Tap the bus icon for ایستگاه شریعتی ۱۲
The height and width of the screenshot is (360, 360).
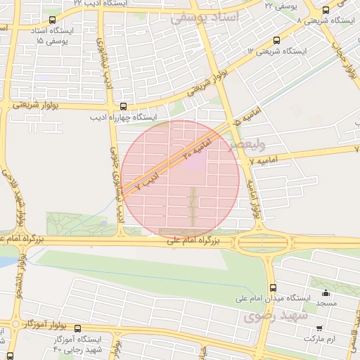(x=276, y=40)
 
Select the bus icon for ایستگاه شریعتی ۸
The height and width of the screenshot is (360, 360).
(x=325, y=10)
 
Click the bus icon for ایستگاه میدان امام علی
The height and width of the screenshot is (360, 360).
(x=274, y=287)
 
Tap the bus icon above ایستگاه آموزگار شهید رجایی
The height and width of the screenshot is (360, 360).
(x=77, y=328)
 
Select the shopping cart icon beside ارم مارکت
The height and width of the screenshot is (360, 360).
(x=319, y=328)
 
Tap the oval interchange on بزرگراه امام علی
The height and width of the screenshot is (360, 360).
(x=264, y=243)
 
